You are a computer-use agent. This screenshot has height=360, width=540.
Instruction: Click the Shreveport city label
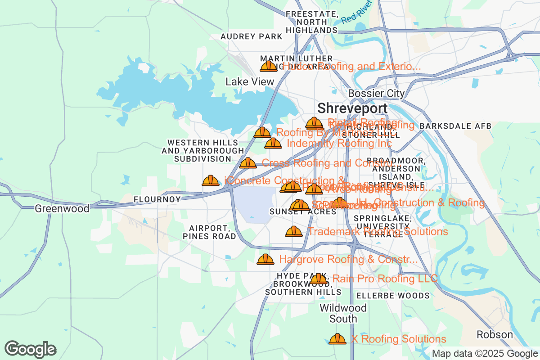[x=352, y=108]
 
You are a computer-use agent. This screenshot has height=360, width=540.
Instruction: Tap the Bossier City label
[x=376, y=94]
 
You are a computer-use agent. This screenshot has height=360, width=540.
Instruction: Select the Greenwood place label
[x=62, y=208]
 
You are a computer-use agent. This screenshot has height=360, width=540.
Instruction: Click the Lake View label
[x=250, y=81]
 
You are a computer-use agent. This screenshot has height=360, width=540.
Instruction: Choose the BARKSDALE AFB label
[x=455, y=126]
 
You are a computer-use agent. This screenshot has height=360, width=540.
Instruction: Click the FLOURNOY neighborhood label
[x=157, y=199]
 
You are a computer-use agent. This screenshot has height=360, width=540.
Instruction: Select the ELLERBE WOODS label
[x=393, y=296]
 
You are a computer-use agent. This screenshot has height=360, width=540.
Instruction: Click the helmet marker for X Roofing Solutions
[x=337, y=339]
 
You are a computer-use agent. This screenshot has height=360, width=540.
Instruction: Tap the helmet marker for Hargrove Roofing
[x=265, y=260]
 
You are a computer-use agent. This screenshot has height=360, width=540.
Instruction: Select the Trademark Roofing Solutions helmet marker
[x=294, y=232]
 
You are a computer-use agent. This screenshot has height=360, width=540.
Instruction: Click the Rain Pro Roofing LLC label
[x=385, y=279]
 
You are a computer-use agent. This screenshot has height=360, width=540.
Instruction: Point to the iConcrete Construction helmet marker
[x=211, y=181]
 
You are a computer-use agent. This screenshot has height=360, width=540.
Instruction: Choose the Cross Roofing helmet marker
[x=248, y=163]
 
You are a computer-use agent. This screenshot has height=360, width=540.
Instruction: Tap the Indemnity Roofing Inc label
[x=339, y=144]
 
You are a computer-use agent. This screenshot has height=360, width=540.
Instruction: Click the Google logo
[x=31, y=349]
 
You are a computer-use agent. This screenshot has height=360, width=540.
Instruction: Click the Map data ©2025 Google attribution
[x=485, y=354]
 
